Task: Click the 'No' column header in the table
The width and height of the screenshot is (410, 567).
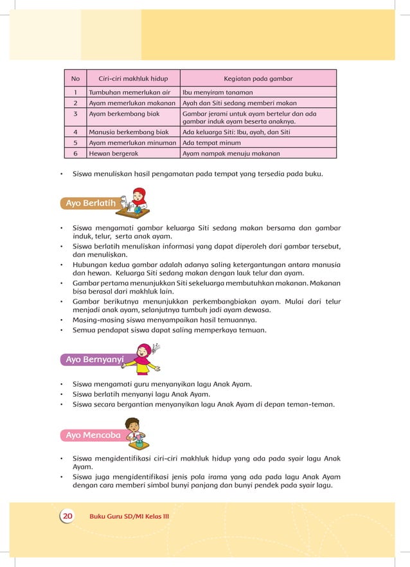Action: (75, 79)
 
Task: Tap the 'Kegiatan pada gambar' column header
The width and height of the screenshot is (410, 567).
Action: (258, 79)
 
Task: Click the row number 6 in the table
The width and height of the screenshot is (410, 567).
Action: (75, 153)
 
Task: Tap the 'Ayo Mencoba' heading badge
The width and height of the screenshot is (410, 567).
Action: (93, 435)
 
